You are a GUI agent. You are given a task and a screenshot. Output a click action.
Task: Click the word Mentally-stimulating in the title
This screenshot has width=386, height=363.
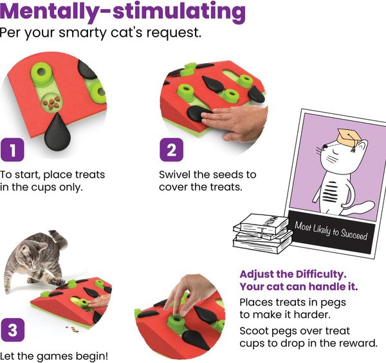123,12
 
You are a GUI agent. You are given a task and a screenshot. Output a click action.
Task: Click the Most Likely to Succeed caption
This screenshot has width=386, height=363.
331,230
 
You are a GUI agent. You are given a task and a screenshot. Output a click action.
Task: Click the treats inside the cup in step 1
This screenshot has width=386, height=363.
50,101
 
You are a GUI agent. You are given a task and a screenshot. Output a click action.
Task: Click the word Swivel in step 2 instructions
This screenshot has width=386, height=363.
176,174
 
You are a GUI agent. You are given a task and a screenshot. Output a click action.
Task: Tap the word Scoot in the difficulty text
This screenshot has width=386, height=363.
255,330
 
